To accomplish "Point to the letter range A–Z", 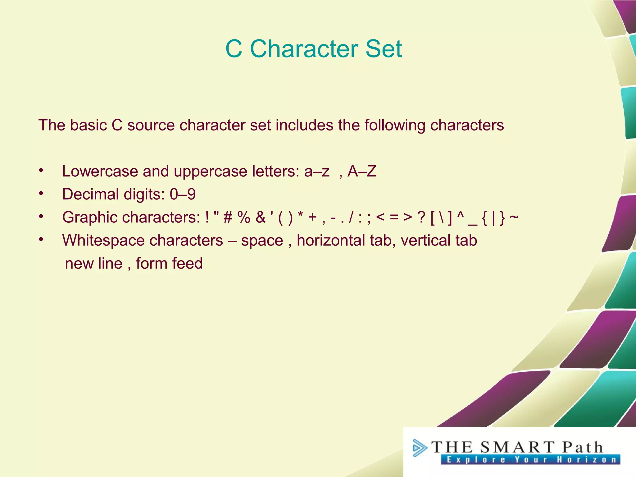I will tap(362, 171).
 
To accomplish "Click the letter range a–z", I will tap(316, 171).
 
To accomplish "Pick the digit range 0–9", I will tap(183, 194).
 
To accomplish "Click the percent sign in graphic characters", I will tap(244, 217).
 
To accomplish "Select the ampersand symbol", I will tap(261, 217).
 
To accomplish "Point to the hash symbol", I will tap(228, 217).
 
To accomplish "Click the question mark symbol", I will tap(421, 217).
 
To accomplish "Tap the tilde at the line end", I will tap(514, 216).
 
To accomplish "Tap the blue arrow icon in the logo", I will tap(420, 448).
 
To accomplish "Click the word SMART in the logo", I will tap(517, 447).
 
